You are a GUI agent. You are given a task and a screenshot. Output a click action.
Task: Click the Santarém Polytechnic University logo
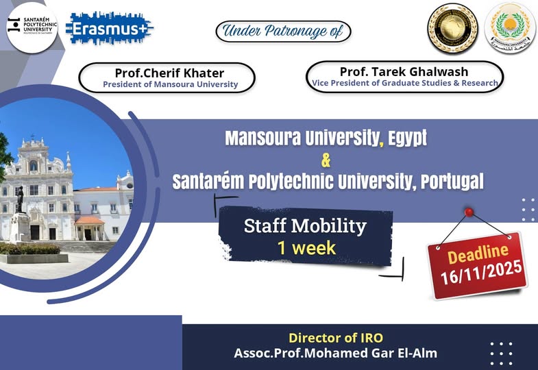click(32, 27)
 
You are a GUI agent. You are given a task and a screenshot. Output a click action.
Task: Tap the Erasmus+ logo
click(110, 28)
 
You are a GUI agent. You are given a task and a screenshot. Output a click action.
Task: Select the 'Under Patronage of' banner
click(283, 31)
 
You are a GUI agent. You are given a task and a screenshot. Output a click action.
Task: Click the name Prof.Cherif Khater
click(170, 73)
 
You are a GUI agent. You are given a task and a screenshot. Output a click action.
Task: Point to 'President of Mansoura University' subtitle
click(170, 85)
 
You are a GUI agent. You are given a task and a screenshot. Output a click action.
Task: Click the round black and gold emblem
click(452, 28)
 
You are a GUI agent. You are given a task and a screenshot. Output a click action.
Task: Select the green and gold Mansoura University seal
click(510, 28)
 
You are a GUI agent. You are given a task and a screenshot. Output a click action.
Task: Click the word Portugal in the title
click(449, 182)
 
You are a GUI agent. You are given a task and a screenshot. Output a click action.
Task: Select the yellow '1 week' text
click(306, 247)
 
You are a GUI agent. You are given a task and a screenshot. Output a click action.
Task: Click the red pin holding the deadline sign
click(469, 212)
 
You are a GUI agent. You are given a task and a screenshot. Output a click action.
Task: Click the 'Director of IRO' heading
click(335, 338)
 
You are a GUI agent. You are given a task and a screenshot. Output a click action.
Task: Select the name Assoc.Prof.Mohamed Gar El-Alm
click(335, 354)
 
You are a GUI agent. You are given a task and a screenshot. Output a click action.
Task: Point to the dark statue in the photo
click(20, 199)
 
